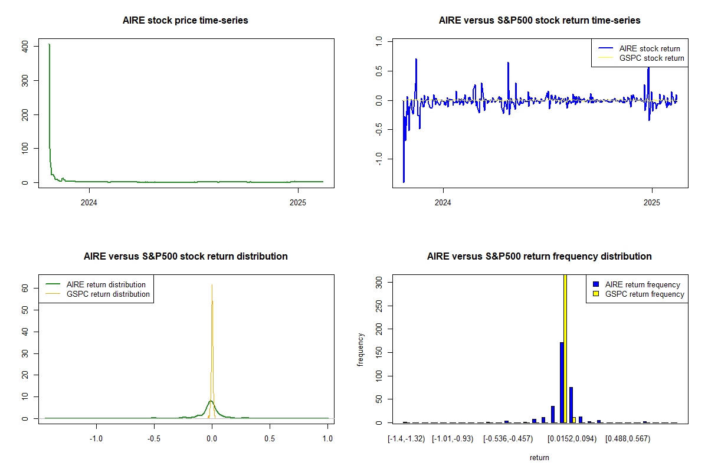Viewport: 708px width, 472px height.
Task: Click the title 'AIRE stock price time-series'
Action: coord(185,21)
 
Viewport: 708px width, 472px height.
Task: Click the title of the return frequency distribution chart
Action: coord(539,257)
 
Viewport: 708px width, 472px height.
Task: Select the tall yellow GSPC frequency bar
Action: coord(565,348)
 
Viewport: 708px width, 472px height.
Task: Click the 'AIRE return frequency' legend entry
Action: coord(642,284)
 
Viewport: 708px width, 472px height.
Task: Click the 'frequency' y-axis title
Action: coord(360,349)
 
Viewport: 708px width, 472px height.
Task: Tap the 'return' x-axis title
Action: coord(539,457)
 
